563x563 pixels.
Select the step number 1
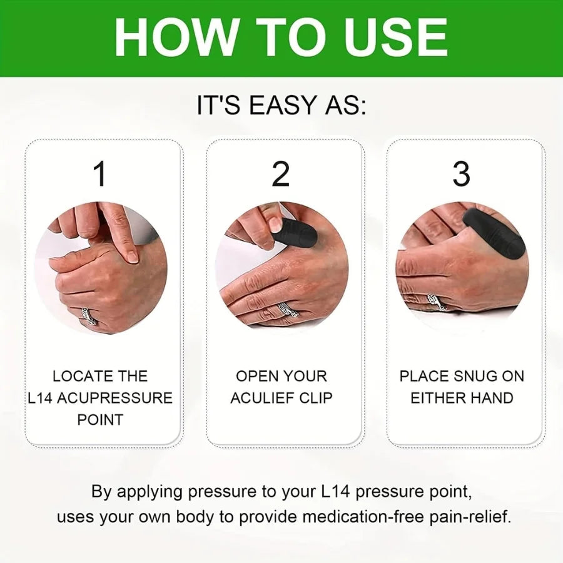pyautogui.click(x=100, y=174)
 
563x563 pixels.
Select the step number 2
pyautogui.click(x=281, y=174)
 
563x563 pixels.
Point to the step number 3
pyautogui.click(x=461, y=174)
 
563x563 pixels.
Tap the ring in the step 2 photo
pyautogui.click(x=289, y=308)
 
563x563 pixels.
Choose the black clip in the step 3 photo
pyautogui.click(x=494, y=233)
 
